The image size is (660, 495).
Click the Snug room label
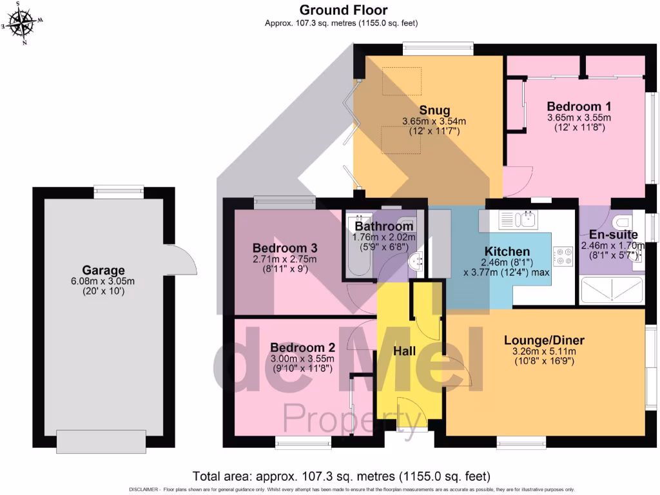coord(434,110)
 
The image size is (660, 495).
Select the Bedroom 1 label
coord(579,106)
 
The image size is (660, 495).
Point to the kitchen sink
coord(527,221)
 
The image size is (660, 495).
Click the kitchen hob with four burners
coord(563,256)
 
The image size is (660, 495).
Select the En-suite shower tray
coord(612,289)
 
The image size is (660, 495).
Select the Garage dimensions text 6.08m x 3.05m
coord(103,281)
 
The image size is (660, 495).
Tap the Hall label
coord(405,351)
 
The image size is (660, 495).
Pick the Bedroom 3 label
coord(284,248)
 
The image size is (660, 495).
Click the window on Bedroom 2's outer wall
coord(303,442)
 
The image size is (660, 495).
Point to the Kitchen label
coord(507,251)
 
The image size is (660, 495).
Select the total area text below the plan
coord(342,477)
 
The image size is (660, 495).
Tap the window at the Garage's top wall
coord(118,190)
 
